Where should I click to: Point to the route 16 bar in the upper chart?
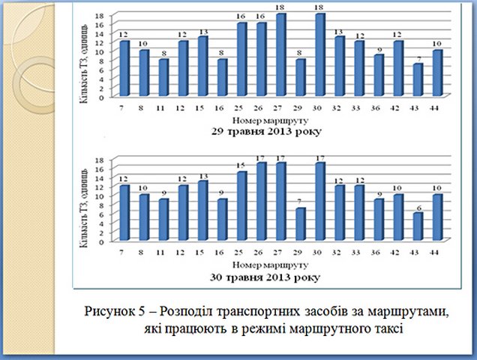click(223, 78)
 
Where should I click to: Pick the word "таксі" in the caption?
click(383, 326)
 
